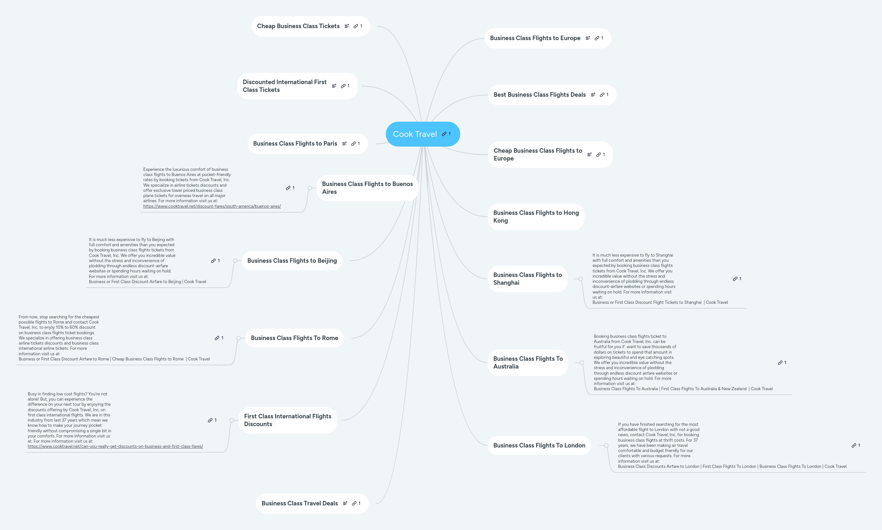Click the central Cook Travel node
pos(423,134)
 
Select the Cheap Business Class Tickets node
pos(310,26)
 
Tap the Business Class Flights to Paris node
pos(307,144)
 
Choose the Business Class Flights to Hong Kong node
pos(536,216)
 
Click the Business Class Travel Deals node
pos(312,503)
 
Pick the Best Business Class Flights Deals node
pos(552,94)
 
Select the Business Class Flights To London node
pos(539,445)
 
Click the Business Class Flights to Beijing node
pos(292,261)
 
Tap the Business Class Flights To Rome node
pos(294,338)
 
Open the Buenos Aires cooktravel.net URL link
pos(212,206)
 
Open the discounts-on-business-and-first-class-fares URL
pos(115,447)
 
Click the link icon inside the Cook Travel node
pos(444,134)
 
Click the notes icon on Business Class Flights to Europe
pos(588,38)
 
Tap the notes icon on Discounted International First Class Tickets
pos(334,86)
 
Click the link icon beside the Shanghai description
pos(735,279)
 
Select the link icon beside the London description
pos(854,445)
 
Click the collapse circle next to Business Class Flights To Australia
pos(582,363)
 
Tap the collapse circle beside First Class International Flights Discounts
pos(232,420)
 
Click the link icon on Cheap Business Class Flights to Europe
pos(598,155)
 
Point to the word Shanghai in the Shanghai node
pos(506,283)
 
